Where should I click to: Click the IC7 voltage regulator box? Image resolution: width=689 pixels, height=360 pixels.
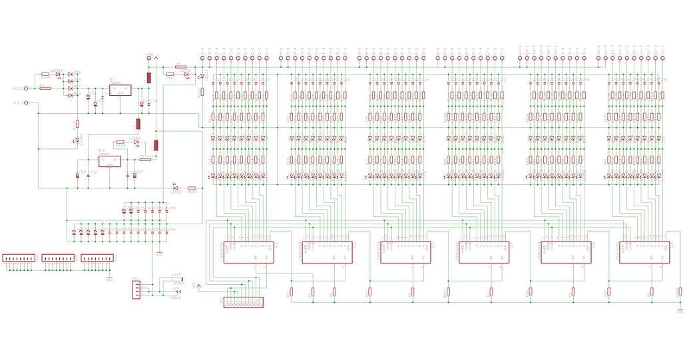(x=120, y=89)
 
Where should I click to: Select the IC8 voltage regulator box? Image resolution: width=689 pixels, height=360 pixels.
(x=109, y=160)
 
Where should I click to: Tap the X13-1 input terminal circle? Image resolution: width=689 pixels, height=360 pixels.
(x=26, y=88)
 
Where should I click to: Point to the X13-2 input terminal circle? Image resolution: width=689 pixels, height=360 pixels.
(x=26, y=102)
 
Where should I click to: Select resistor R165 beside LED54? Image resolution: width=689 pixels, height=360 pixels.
(x=45, y=74)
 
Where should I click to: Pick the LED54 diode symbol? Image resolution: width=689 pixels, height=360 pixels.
(x=59, y=74)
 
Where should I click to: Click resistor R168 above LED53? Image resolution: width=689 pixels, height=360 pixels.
(x=77, y=124)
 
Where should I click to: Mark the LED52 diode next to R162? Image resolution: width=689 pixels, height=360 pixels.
(x=175, y=188)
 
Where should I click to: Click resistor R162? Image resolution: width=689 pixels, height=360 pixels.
(x=192, y=188)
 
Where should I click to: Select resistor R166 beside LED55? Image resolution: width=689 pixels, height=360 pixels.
(x=120, y=141)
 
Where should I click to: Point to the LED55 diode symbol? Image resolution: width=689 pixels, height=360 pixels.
(x=136, y=141)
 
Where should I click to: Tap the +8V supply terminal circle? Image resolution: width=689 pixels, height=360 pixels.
(x=148, y=59)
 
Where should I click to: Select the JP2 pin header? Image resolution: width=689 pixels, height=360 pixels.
(x=243, y=302)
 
